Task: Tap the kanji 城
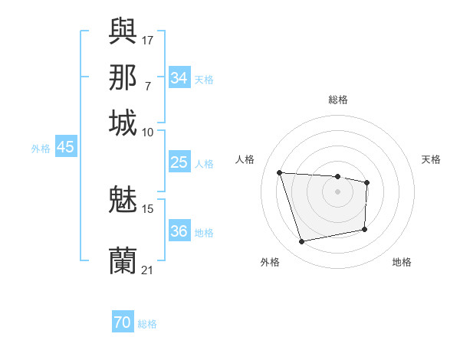pyautogui.click(x=123, y=123)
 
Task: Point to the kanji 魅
pyautogui.click(x=123, y=201)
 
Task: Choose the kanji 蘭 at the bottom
pyautogui.click(x=123, y=260)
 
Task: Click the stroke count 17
pyautogui.click(x=148, y=39)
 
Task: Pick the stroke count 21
pyautogui.click(x=148, y=269)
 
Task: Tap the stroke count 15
pyautogui.click(x=148, y=208)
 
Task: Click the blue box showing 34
pyautogui.click(x=179, y=77)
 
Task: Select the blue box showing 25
pyautogui.click(x=179, y=162)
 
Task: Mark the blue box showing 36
pyautogui.click(x=179, y=231)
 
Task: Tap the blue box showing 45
pyautogui.click(x=65, y=147)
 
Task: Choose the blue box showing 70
pyautogui.click(x=123, y=322)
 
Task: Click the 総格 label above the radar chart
pyautogui.click(x=338, y=100)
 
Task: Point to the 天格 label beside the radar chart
pyautogui.click(x=431, y=159)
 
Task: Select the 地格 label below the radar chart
pyautogui.click(x=402, y=262)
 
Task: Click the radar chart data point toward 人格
pyautogui.click(x=280, y=173)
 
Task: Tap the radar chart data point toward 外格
pyautogui.click(x=302, y=242)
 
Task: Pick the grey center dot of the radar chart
pyautogui.click(x=337, y=191)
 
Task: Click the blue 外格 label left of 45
pyautogui.click(x=40, y=149)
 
